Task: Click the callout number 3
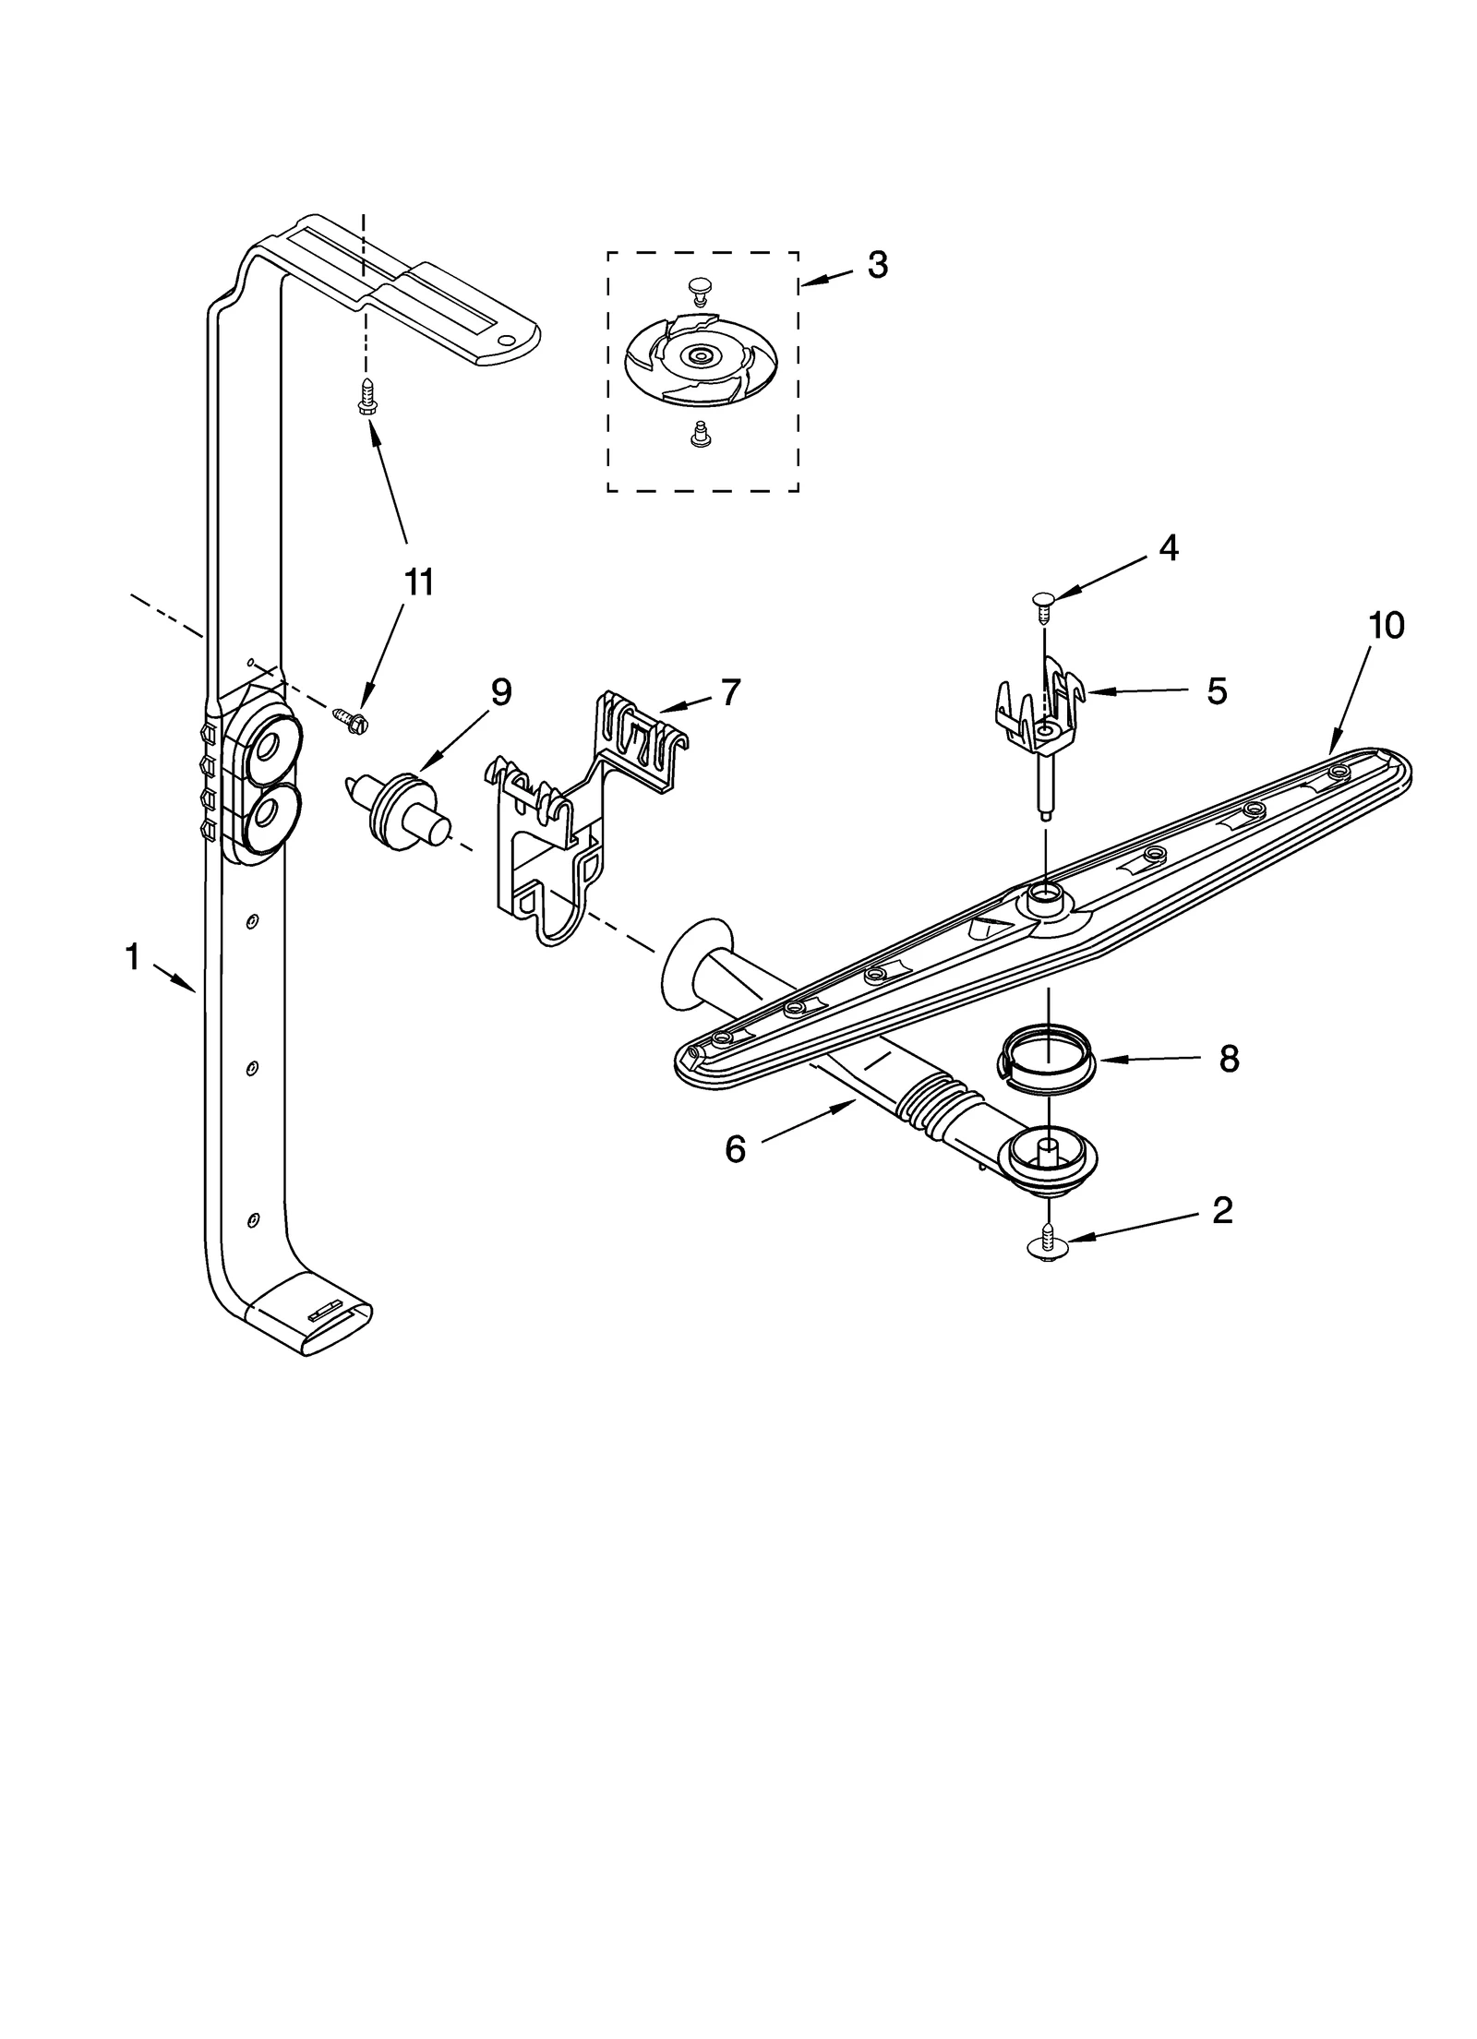coord(876,266)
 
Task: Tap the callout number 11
coord(418,582)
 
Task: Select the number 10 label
coord(1386,625)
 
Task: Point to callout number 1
coord(133,957)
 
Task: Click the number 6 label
coord(735,1149)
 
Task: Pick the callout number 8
coord(1228,1059)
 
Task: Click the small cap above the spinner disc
coord(701,293)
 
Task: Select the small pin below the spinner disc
coord(700,434)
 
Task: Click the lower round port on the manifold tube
coord(270,814)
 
